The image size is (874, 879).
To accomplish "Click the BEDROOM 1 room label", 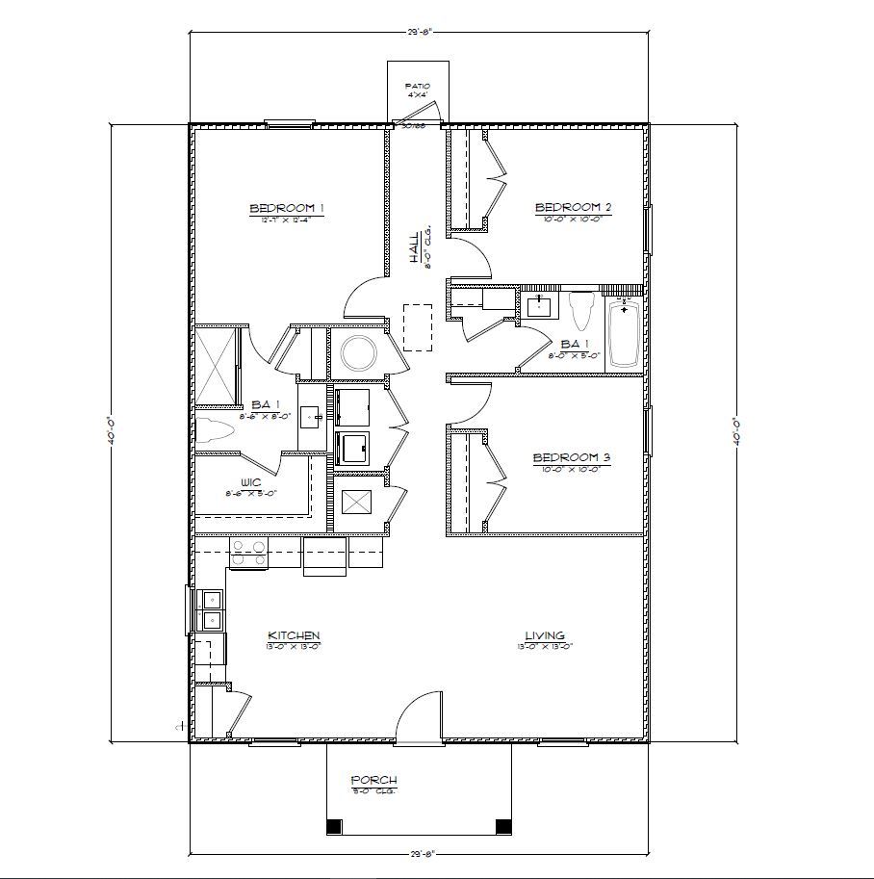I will pyautogui.click(x=286, y=208).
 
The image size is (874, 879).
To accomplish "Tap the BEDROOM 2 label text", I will pyautogui.click(x=574, y=207).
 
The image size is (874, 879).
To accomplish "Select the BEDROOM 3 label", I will pyautogui.click(x=573, y=457).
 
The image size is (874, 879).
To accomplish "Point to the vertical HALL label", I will pyautogui.click(x=414, y=247).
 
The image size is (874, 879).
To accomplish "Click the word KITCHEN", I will pyautogui.click(x=294, y=635).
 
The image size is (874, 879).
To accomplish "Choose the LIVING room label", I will pyautogui.click(x=545, y=635).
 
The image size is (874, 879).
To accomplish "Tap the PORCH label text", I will pyautogui.click(x=373, y=780).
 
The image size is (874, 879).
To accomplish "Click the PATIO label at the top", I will pyautogui.click(x=417, y=87).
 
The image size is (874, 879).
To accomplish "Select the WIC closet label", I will pyautogui.click(x=250, y=483).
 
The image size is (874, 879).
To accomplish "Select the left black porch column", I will pyautogui.click(x=334, y=826).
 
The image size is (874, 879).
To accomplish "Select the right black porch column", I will pyautogui.click(x=502, y=826).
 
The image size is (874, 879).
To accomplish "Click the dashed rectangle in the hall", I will pyautogui.click(x=418, y=327).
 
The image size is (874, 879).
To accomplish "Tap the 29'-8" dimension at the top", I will pyautogui.click(x=421, y=32).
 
